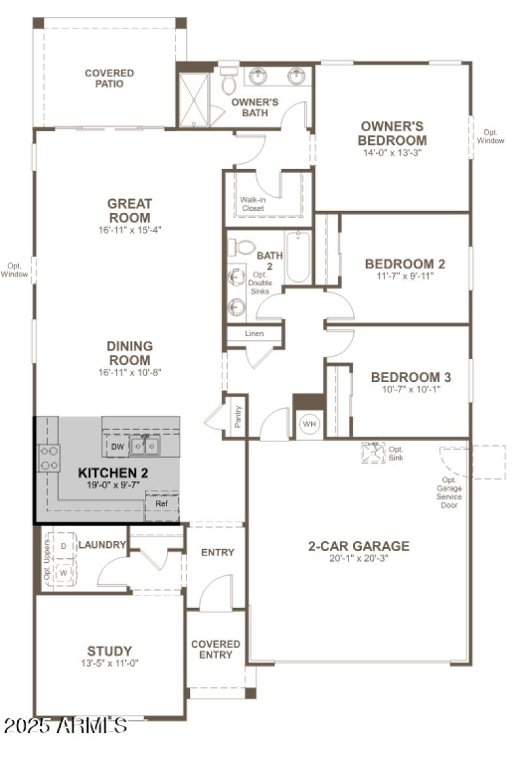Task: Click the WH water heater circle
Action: point(309,424)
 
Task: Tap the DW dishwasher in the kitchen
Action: point(117,447)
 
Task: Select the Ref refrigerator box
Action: point(161,504)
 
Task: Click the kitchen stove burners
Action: point(49,457)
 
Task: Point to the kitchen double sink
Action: point(146,446)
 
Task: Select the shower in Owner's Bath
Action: point(193,100)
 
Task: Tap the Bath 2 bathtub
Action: point(298,256)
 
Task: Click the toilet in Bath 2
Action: point(243,247)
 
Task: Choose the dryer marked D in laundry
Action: point(64,546)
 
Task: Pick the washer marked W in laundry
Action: point(64,573)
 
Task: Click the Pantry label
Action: point(238,416)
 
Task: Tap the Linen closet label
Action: point(254,334)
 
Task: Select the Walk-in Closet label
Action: point(252,204)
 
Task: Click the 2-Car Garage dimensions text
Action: point(358,558)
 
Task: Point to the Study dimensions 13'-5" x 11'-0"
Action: point(110,663)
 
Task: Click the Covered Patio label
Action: point(109,78)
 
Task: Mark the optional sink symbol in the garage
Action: point(373,452)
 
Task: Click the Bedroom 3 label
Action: point(411,377)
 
